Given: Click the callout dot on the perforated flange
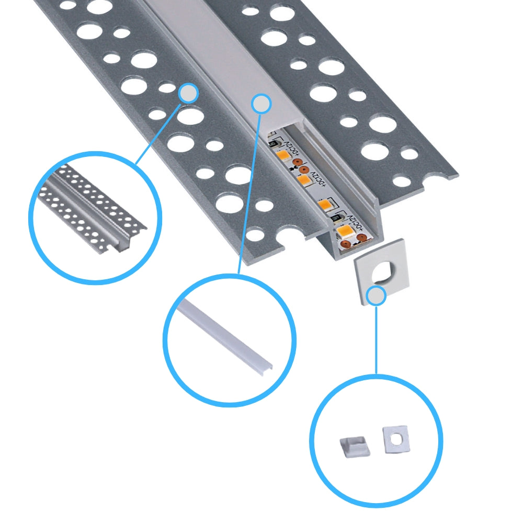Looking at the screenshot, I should (x=188, y=94).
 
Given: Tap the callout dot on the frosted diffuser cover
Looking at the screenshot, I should (x=261, y=103).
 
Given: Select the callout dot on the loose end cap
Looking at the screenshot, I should (x=376, y=296).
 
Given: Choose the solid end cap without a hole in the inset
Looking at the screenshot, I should (x=351, y=447).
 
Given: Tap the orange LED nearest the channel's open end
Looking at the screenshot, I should (x=345, y=230).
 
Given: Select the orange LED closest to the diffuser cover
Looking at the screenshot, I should (x=282, y=155).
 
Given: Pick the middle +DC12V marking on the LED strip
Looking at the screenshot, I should (x=319, y=181).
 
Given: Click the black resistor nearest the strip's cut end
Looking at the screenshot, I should (x=336, y=219).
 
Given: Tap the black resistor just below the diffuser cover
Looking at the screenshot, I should (x=274, y=144).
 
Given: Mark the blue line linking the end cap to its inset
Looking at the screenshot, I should (x=376, y=340).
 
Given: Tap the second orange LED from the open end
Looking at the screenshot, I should (x=325, y=204).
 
